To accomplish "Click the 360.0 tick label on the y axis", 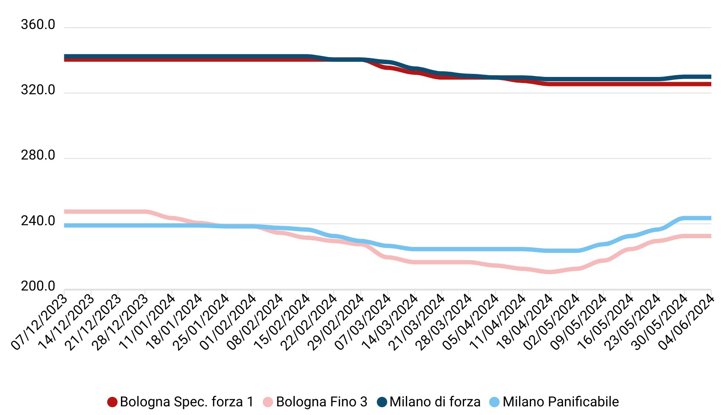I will point(38,25).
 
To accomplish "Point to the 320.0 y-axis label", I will point(38,90).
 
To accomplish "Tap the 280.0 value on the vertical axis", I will point(38,156).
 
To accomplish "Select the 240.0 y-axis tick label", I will point(38,221).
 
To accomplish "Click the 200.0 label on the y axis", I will point(38,287).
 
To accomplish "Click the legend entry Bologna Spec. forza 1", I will point(186,402).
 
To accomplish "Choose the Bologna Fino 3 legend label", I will point(322,402).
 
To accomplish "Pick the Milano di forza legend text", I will point(435,402).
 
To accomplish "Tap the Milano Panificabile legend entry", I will point(560,402).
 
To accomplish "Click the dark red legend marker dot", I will point(112,402).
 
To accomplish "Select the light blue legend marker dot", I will point(494,402).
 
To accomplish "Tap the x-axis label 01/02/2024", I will point(229,322).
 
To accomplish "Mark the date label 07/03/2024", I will point(363,322).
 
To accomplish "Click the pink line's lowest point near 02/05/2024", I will point(549,272).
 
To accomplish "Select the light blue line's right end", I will point(710,218).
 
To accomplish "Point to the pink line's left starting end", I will point(65,212).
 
